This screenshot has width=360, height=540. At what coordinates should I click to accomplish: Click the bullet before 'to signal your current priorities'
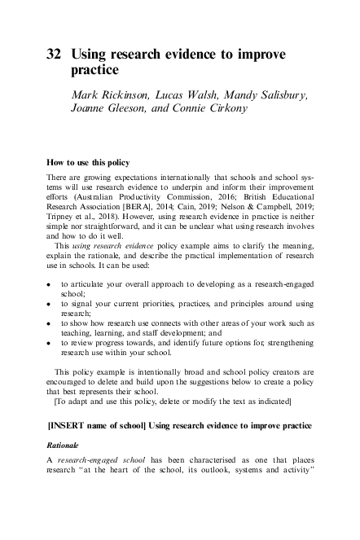point(49,305)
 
